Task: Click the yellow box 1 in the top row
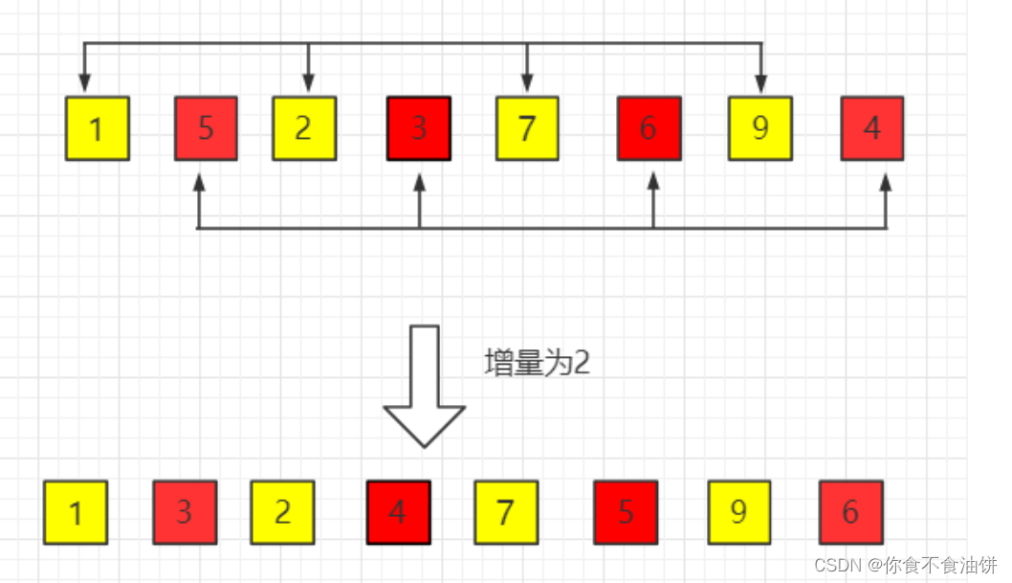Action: coord(97,127)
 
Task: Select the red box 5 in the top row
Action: coord(206,127)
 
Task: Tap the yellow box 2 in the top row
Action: coord(303,127)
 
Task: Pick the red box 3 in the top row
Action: coord(418,127)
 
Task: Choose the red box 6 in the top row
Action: coord(649,127)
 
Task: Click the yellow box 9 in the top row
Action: coord(759,127)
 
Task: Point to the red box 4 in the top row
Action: coord(871,127)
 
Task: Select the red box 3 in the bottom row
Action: coord(185,512)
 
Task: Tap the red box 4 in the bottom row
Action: coord(398,512)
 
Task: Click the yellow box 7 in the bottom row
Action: coord(506,512)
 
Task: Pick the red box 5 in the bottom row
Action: coord(626,512)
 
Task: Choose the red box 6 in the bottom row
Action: coord(850,512)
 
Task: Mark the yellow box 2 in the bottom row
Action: coord(282,512)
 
